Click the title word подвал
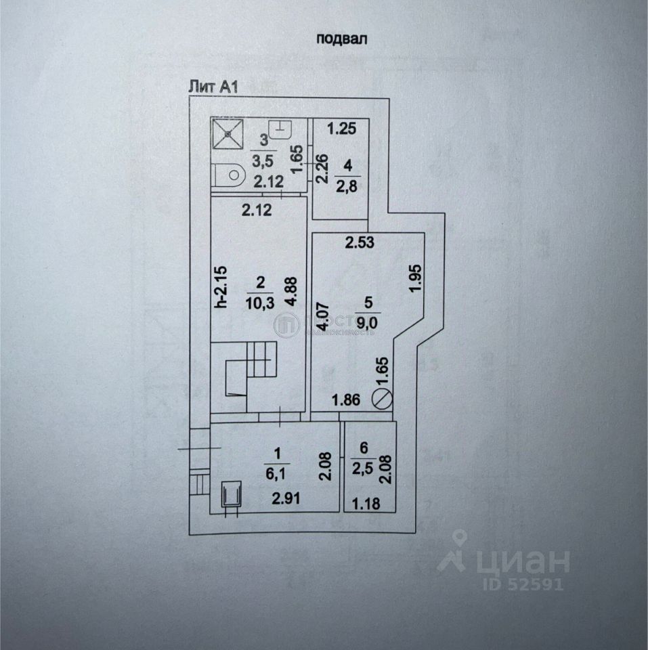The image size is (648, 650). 342,39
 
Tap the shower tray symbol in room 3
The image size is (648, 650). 227,134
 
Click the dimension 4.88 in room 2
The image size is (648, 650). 291,291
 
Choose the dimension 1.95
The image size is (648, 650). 415,278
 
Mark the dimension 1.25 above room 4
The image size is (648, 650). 341,128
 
